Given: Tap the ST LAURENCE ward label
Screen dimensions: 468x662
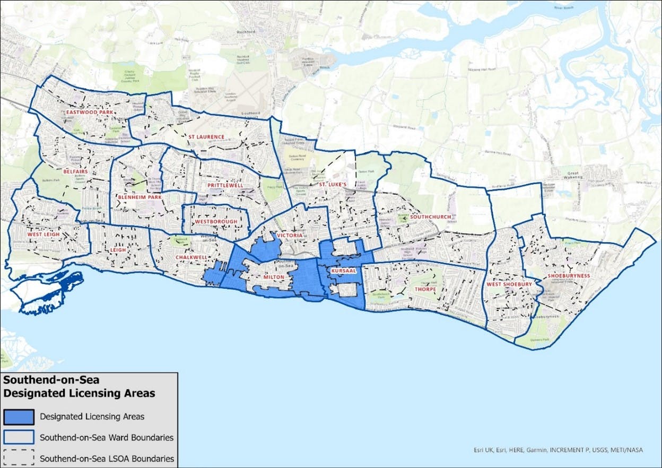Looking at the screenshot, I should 206,137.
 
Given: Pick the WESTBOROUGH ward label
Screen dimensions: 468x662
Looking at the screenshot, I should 216,221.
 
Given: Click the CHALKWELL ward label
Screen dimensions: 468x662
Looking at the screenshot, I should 191,257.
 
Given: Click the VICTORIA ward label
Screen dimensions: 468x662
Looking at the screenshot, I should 289,235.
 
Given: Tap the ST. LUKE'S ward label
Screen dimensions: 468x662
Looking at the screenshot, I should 332,184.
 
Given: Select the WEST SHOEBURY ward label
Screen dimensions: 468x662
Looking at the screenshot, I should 509,284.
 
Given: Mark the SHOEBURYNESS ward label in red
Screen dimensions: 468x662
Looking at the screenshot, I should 569,276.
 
